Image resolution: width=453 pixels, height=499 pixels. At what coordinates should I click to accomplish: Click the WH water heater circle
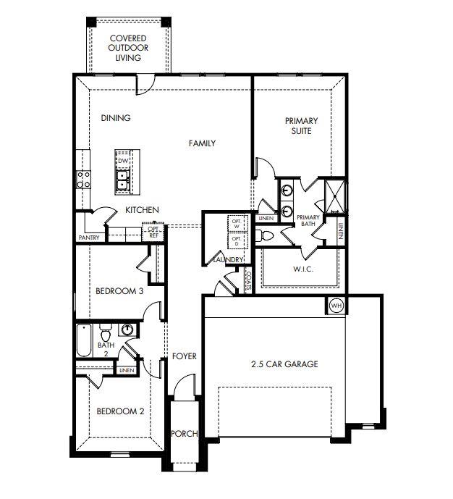[x=336, y=306]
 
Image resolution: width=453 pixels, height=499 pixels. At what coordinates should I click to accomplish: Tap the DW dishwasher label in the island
[x=123, y=161]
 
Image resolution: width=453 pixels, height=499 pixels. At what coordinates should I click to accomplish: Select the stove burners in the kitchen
[x=83, y=179]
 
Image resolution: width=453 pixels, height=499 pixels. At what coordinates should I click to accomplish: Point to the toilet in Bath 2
[x=106, y=335]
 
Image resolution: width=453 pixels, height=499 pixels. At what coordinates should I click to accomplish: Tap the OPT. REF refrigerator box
[x=153, y=232]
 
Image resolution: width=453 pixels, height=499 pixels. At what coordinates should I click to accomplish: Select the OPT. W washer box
[x=237, y=223]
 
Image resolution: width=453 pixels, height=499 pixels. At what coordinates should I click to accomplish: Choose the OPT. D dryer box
[x=237, y=238]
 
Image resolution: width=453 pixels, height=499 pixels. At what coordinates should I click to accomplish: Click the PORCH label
[x=185, y=434]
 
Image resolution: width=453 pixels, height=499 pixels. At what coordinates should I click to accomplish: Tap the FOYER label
[x=185, y=356]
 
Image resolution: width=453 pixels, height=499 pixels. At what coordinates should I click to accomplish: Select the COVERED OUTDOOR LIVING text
[x=127, y=47]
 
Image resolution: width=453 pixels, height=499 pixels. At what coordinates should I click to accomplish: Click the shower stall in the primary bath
[x=335, y=195]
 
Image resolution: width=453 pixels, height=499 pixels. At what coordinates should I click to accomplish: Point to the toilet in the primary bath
[x=265, y=236]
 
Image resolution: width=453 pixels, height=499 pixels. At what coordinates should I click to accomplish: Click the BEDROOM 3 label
[x=119, y=291]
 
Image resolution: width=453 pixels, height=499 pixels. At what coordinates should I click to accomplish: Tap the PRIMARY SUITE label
[x=302, y=126]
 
